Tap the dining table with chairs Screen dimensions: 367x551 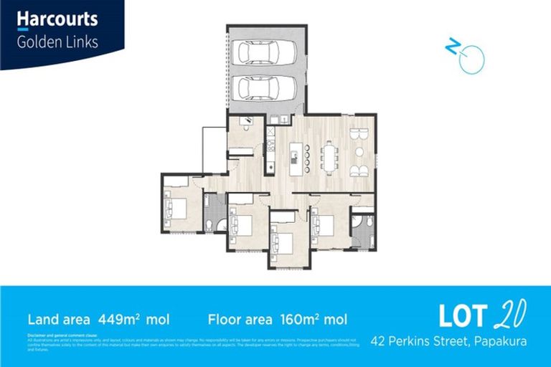[330, 156]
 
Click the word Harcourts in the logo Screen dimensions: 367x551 [57, 19]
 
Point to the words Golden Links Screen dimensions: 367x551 [57, 42]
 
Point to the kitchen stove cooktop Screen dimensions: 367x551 [270, 143]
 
